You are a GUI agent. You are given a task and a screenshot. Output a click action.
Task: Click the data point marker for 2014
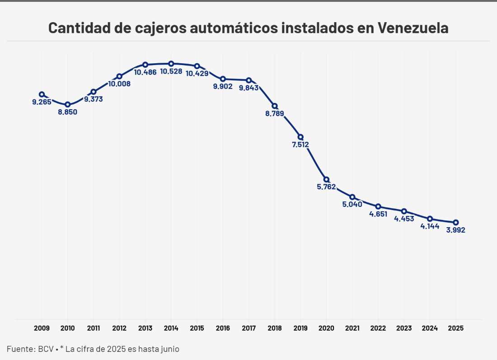tap(171, 64)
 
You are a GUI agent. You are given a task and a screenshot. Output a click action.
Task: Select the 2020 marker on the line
tap(326, 179)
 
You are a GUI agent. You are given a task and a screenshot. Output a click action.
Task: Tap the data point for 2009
tap(42, 94)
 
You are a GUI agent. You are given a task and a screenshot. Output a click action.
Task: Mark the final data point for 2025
tap(456, 222)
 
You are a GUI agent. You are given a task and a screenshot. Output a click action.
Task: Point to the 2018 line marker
tap(274, 106)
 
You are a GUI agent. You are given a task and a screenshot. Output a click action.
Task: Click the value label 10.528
tap(171, 72)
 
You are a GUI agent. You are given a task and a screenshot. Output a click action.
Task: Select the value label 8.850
tap(67, 112)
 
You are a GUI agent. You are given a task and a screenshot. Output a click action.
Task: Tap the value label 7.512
tap(300, 145)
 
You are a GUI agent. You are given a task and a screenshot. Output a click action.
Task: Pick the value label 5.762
tap(326, 187)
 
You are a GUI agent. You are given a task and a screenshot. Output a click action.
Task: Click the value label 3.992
tap(455, 230)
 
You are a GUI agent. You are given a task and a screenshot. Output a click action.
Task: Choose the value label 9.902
tap(223, 86)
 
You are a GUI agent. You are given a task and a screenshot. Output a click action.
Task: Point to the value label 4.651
tap(378, 214)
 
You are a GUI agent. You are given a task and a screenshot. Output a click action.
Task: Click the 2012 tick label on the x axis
tap(119, 328)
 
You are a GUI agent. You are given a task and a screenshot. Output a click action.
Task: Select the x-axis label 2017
tap(248, 328)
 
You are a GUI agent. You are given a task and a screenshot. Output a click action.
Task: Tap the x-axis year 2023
tap(404, 328)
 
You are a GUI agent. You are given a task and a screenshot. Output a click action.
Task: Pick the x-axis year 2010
tap(67, 328)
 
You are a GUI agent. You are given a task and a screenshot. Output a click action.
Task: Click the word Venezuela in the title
tap(413, 28)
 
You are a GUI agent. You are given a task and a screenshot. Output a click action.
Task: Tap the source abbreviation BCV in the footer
tap(46, 349)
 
